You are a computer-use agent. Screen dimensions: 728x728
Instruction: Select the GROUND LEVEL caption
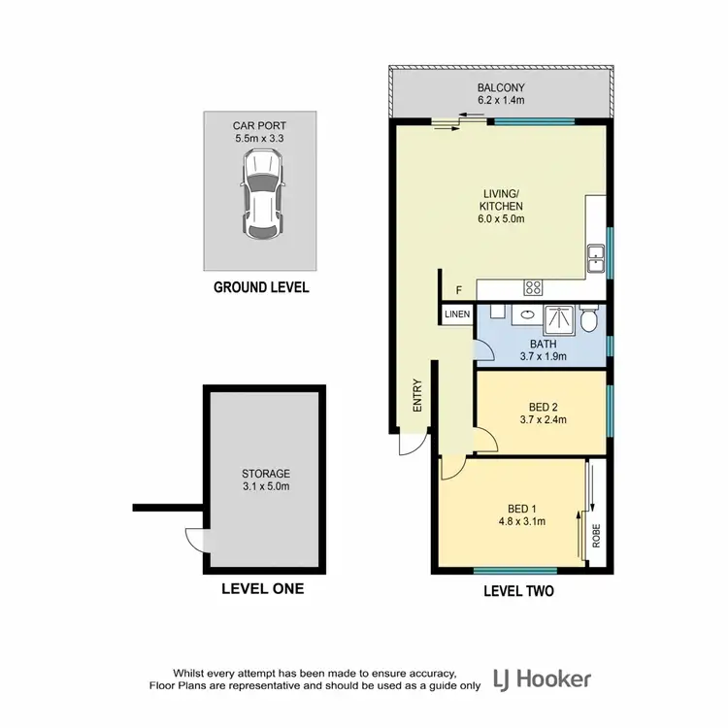coord(261,287)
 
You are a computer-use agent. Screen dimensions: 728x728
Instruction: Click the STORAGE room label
coord(266,480)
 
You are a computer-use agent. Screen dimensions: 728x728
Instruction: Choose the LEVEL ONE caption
coord(262,588)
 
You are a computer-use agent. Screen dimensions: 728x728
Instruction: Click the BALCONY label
coord(501,92)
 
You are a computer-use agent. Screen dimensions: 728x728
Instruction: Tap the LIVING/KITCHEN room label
coord(501,206)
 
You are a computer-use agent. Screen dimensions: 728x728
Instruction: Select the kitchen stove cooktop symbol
coord(533,286)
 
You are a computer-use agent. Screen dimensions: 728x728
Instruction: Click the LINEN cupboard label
coord(457,314)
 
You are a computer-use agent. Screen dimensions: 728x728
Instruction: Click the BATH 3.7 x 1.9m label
coord(542,350)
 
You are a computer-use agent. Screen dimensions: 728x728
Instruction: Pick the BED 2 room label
coord(542,414)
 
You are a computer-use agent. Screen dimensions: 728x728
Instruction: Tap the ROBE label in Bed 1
coord(597,536)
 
